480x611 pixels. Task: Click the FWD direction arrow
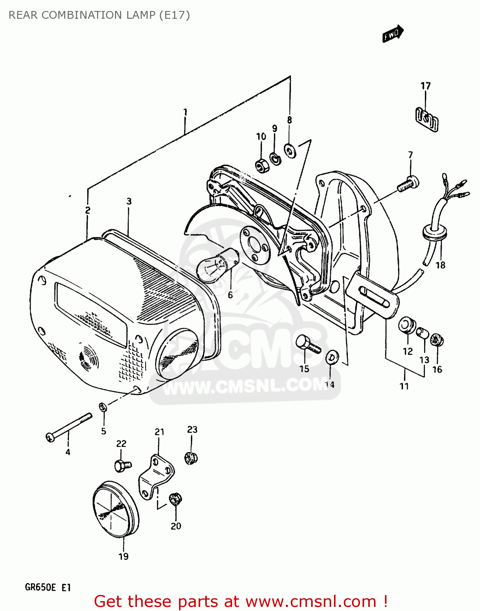coord(393,34)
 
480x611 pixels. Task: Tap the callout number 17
coord(425,86)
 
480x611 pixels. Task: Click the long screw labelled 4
coord(68,427)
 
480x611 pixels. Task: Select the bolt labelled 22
coord(122,465)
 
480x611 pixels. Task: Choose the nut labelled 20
coord(175,499)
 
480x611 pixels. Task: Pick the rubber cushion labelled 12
coord(407,326)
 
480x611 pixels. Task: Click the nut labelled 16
coord(437,340)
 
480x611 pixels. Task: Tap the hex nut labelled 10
coord(261,165)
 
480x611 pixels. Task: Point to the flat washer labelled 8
coord(290,151)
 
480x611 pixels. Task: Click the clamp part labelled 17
coord(427,119)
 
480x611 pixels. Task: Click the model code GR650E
coord(40,587)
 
